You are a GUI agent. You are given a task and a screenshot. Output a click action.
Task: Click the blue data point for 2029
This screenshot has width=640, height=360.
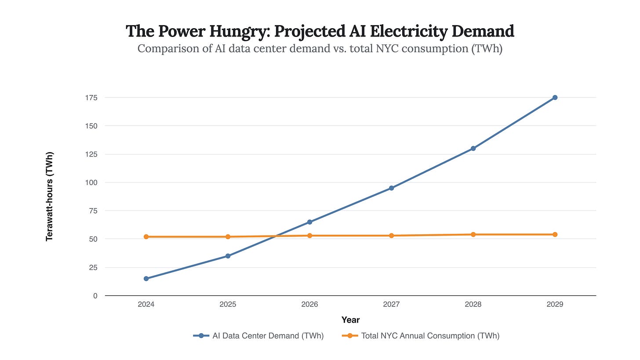coord(555,98)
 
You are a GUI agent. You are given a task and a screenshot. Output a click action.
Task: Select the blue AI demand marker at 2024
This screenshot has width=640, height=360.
coord(146,279)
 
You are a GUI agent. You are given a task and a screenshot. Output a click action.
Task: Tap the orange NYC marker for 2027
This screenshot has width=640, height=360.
coord(391,236)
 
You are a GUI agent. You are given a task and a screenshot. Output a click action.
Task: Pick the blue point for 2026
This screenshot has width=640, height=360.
coord(309,222)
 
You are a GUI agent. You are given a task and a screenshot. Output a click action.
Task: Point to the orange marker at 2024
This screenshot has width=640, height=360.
coord(146,237)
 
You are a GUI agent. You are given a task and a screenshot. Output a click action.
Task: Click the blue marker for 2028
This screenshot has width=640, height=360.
coord(473,149)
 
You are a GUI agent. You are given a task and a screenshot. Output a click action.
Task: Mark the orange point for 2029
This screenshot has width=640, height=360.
coord(555,235)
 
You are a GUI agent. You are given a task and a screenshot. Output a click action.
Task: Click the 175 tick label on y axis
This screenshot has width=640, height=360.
coord(91,98)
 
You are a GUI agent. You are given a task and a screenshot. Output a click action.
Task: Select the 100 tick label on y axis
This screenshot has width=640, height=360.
coord(91,182)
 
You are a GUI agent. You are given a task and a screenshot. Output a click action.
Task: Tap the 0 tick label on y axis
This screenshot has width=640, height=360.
coord(95,296)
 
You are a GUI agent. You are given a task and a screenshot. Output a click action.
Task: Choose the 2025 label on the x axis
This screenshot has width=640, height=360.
coord(228,305)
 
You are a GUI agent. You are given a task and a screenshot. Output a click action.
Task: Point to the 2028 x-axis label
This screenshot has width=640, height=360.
coord(473,305)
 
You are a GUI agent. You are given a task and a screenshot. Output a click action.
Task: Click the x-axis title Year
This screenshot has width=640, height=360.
coord(350,320)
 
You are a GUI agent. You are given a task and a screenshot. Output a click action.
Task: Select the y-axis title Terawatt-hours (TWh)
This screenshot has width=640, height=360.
coord(50,196)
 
